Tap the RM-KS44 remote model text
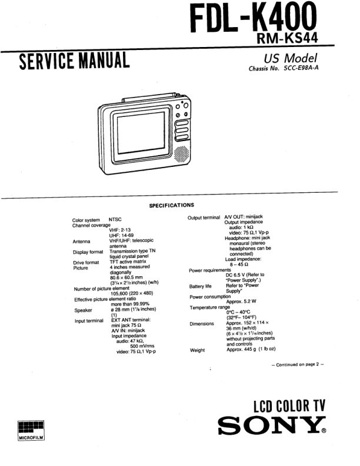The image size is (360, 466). pos(287,38)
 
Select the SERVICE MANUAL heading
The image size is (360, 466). pos(74,61)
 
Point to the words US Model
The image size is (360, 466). pos(291,58)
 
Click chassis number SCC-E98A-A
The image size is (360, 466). pos(301,68)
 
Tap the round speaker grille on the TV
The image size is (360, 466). pos(182,154)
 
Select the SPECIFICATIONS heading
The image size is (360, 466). pos(171,205)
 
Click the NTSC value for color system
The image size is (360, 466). pos(115,219)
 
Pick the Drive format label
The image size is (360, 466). pos(86,263)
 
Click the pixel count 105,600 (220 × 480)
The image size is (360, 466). pos(132,293)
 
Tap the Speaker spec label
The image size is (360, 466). pos(83,310)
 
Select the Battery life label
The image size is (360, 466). pos(200,286)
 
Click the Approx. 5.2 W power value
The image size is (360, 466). pos(241,301)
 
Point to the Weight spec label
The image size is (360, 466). pos(197,350)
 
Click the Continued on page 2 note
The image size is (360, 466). pos(298,364)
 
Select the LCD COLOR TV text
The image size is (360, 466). pos(289,406)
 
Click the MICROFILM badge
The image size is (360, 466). pos(31,430)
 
